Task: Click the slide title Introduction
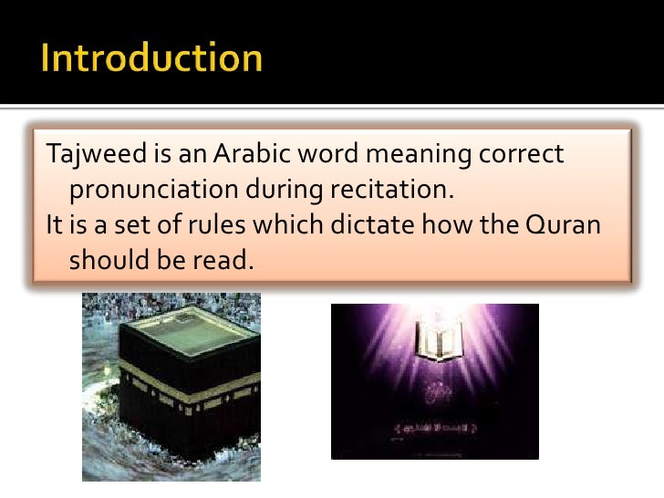(151, 59)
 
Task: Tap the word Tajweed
(87, 156)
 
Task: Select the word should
(103, 260)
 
